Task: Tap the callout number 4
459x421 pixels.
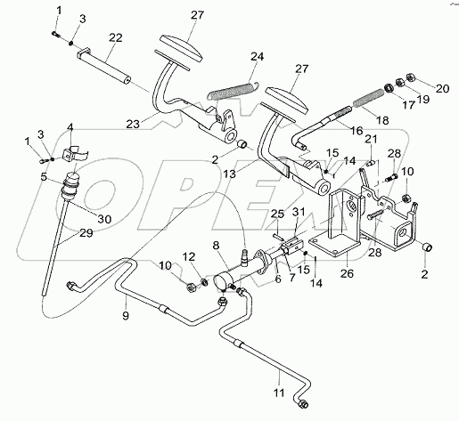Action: pyautogui.click(x=71, y=126)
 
